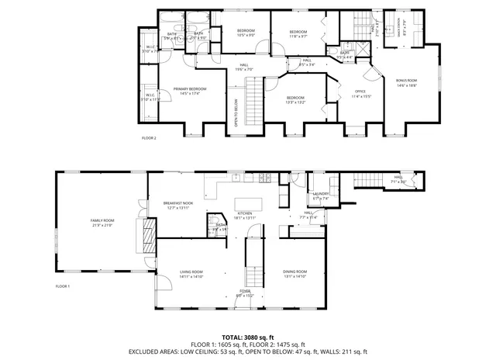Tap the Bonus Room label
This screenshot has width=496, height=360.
(x=406, y=82)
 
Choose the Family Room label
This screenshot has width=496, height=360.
(x=102, y=222)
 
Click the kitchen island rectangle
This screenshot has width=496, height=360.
(x=250, y=204)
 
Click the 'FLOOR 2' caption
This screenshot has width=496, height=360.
(x=149, y=137)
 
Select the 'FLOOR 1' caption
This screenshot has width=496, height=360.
(x=62, y=286)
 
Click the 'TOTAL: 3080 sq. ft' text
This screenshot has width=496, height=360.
(x=247, y=337)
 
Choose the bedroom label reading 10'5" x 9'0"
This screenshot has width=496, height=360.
(x=246, y=33)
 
